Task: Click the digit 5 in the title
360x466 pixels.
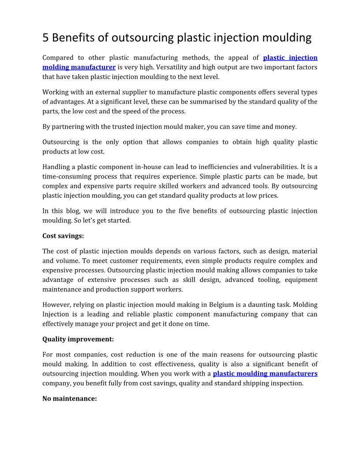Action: [45, 38]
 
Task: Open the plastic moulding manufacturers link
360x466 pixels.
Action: [265, 374]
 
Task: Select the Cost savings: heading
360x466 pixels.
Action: [63, 236]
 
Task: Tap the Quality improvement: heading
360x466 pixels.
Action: [78, 339]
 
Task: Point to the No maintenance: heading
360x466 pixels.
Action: [69, 398]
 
